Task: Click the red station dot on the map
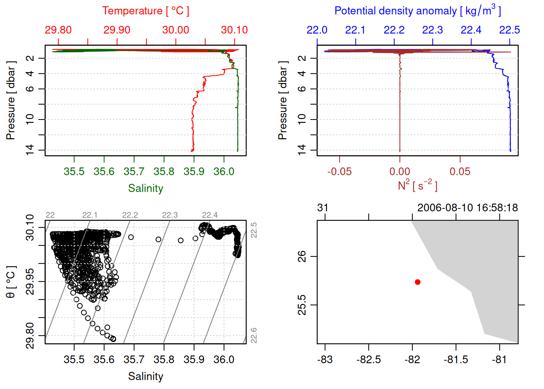417,282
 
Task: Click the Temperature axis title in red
145,11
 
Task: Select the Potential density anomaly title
417,11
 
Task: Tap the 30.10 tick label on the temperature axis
234,30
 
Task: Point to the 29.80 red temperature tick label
58,30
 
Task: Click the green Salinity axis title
145,188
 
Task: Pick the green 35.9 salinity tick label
194,171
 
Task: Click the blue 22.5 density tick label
509,30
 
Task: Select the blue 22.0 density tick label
317,30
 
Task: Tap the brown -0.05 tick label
339,171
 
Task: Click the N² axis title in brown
417,186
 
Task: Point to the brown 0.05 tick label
460,171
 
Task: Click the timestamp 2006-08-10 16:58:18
467,208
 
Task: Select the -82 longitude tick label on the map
412,359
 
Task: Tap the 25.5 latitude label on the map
302,305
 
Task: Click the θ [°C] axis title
11,282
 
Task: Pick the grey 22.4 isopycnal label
210,215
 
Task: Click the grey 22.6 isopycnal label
254,336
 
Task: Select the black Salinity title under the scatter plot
145,376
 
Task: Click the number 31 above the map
323,208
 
